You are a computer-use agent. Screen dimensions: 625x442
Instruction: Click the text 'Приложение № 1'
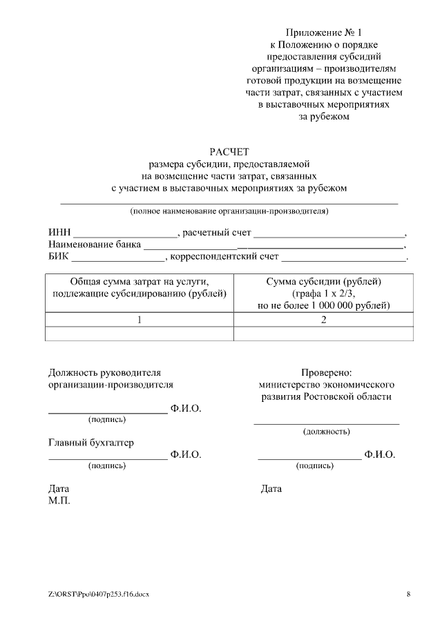323,32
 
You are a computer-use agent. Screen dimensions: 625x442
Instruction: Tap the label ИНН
59,232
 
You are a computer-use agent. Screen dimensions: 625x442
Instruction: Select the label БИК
59,257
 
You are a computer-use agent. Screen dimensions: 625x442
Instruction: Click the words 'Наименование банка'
95,244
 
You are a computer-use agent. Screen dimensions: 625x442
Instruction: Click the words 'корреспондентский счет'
224,257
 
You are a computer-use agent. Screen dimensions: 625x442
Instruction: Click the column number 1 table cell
140,320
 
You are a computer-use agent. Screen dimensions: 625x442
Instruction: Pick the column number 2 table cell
323,320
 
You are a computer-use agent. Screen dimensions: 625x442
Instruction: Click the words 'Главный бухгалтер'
91,442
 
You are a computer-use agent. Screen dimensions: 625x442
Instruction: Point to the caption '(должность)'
326,432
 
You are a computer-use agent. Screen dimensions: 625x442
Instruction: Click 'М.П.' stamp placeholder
59,501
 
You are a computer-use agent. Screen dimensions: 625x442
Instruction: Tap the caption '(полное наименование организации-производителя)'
229,211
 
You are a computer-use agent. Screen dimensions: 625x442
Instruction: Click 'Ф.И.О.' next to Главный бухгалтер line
186,454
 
